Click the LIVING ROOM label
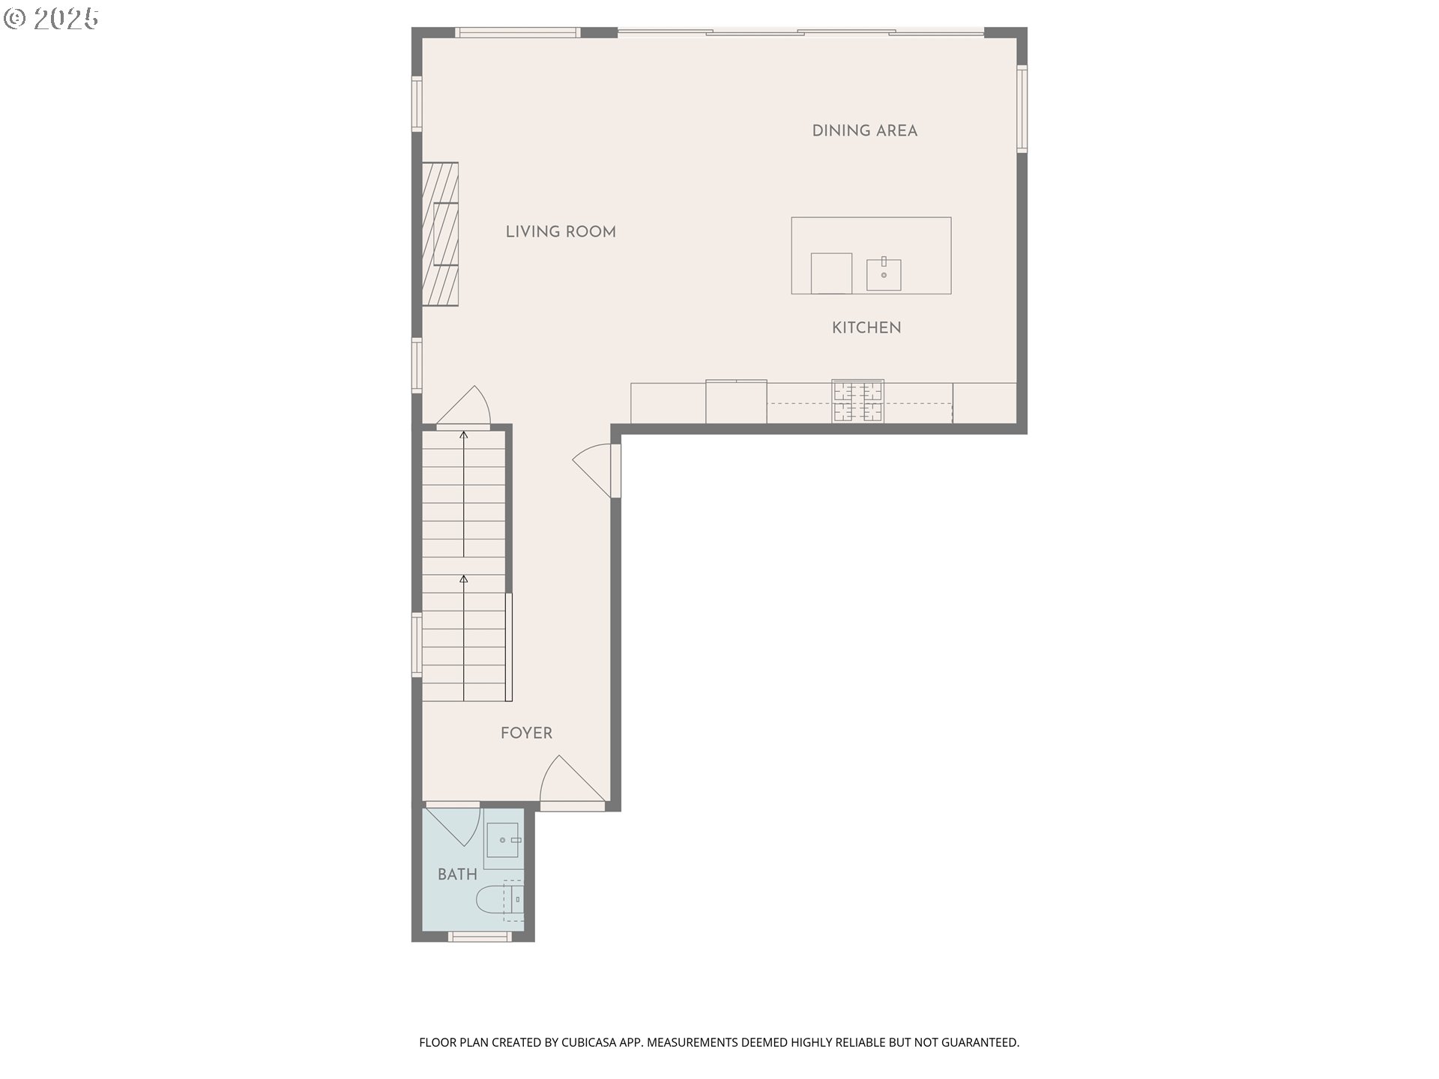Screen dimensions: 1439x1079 point(561,232)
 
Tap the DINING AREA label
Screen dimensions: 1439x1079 point(865,131)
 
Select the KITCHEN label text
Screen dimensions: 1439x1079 point(866,328)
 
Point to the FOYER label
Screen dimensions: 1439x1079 point(526,734)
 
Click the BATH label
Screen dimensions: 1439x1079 point(457,874)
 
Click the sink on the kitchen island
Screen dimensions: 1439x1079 point(884,273)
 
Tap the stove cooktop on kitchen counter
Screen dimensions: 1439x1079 point(857,402)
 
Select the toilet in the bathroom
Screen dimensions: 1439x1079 point(500,900)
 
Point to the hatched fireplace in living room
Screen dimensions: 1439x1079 point(440,234)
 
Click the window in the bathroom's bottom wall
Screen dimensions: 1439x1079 point(480,936)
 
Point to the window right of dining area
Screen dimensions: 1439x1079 point(1022,109)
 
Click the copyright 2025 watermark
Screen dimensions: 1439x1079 point(51,19)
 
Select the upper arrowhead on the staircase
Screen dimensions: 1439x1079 point(464,435)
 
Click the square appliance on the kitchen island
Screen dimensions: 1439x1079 point(831,273)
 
